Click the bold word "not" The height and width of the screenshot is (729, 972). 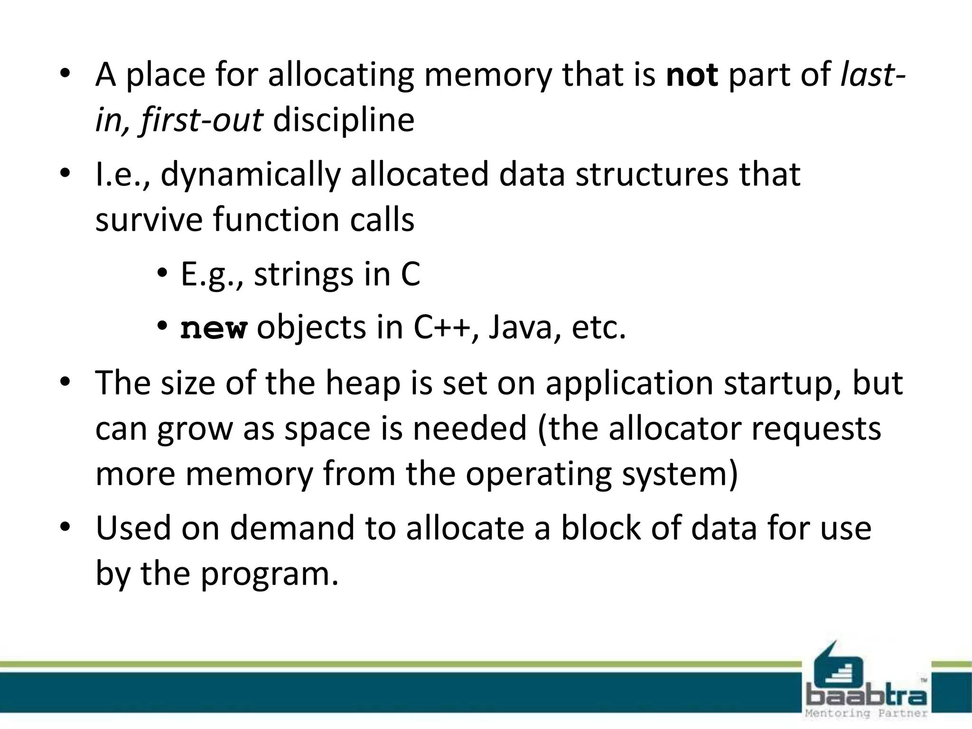[x=692, y=75]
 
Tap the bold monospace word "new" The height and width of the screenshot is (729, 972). [x=214, y=328]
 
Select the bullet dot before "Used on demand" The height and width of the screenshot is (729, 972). [x=65, y=527]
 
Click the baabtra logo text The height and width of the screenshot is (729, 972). [x=867, y=696]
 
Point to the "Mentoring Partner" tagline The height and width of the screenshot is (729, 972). [x=866, y=713]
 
